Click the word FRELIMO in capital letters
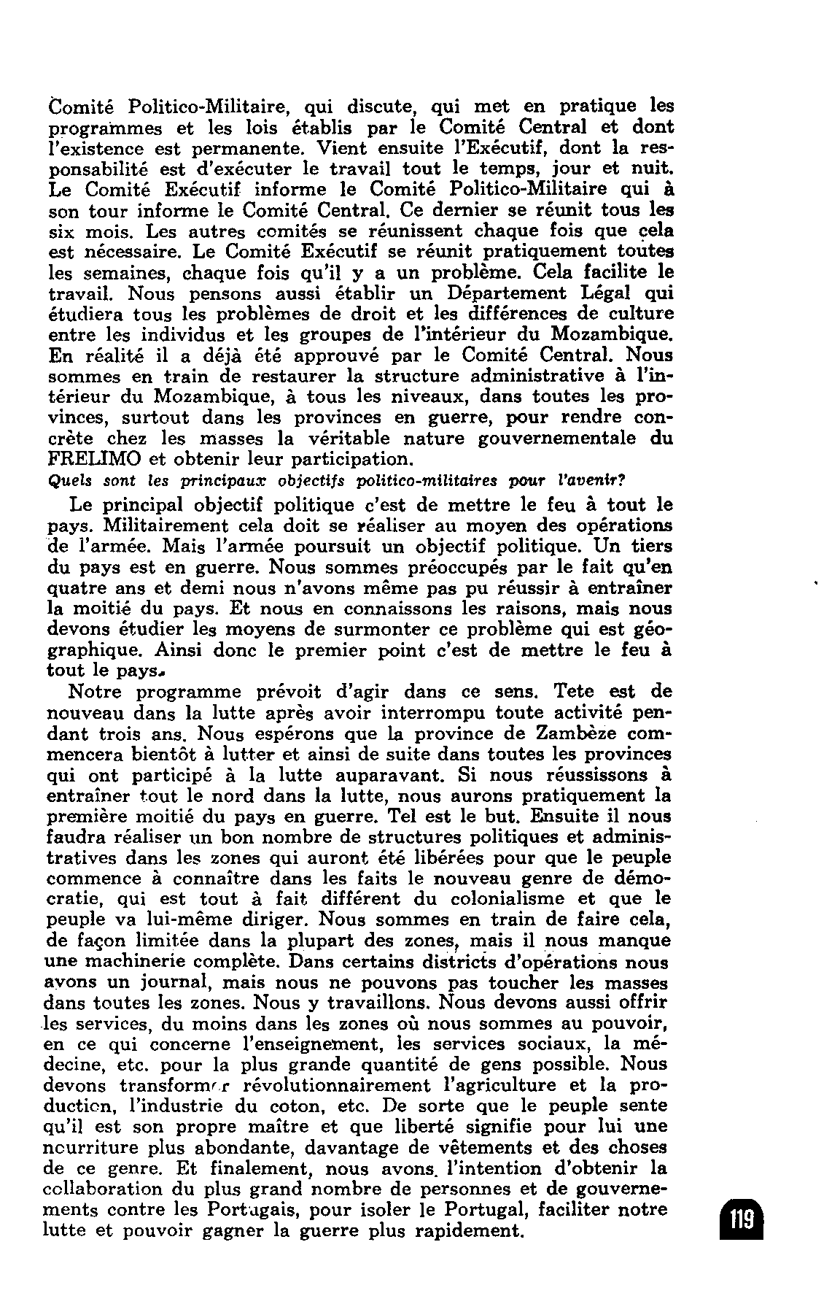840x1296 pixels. pos(94,460)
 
